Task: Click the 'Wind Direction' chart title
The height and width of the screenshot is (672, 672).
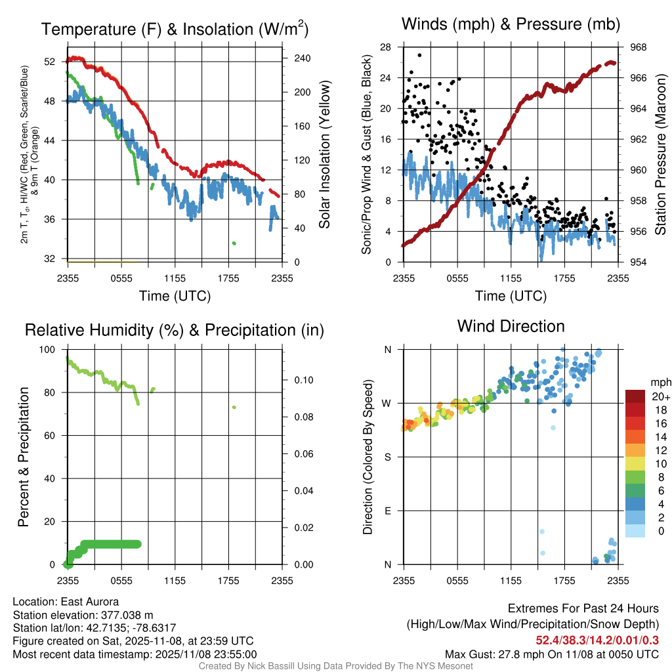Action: coord(511,326)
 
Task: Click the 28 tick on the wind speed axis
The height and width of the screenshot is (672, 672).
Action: coord(386,47)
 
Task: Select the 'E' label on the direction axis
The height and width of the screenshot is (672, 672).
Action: coord(387,511)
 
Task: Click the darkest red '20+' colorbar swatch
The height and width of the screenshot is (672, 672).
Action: coord(635,396)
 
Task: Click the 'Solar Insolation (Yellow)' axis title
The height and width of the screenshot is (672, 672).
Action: coord(324,155)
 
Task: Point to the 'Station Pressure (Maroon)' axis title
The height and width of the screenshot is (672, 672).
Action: coord(660,154)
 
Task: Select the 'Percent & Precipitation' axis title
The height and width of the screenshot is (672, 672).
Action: coord(23,457)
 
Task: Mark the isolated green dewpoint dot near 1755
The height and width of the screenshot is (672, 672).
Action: coord(234,243)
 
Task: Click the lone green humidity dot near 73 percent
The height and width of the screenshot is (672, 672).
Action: coord(234,408)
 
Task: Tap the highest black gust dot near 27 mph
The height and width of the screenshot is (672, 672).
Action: coord(419,55)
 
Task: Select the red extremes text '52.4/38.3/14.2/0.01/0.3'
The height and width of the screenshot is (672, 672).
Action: coord(597,640)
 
